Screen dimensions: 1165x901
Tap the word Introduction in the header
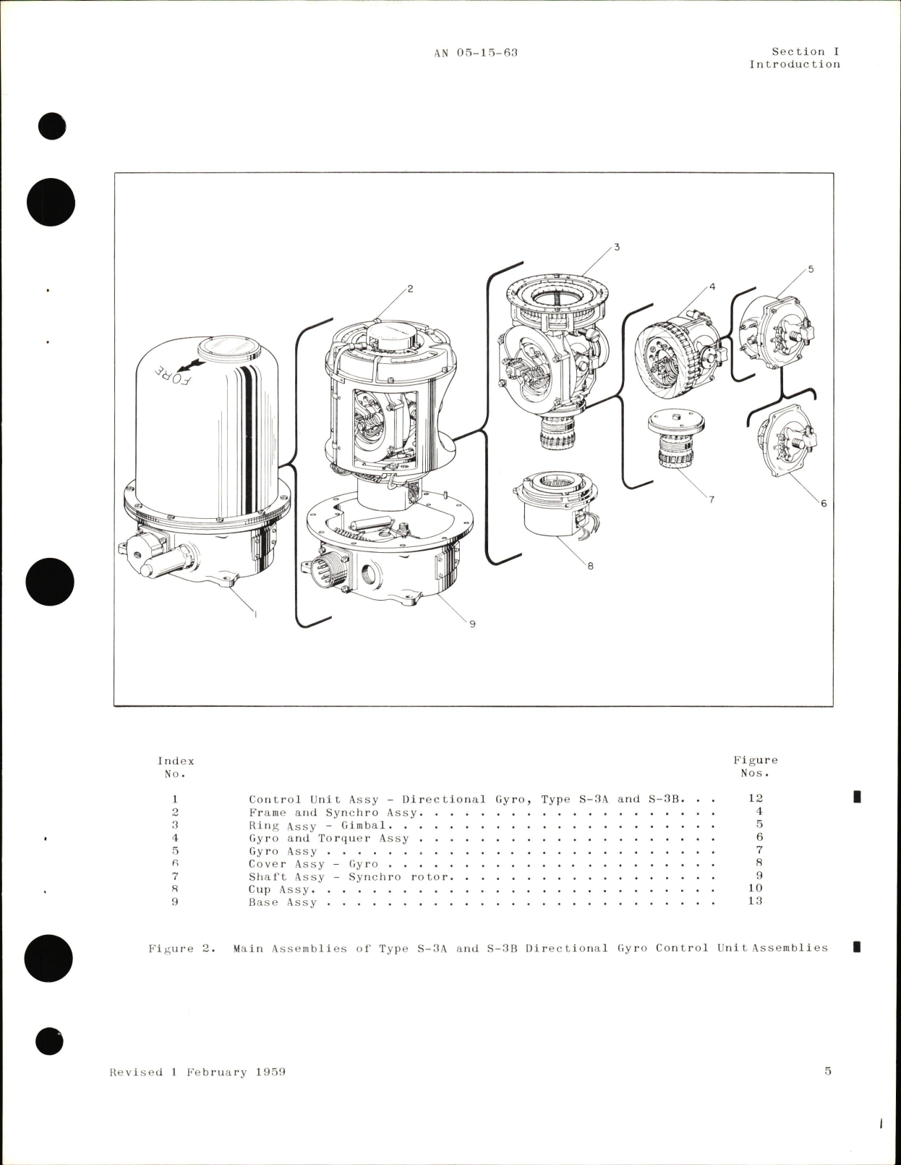coord(794,64)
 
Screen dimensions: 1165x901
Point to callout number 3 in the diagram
coord(616,247)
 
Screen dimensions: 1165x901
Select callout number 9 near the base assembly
coord(472,624)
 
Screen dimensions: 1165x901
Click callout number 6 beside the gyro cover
coord(823,504)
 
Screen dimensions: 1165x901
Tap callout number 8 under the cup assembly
coord(590,566)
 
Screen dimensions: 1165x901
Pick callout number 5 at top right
coord(811,269)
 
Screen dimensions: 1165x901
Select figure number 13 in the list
coord(755,901)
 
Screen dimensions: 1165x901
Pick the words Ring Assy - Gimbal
coord(320,826)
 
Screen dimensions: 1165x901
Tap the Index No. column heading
coord(176,767)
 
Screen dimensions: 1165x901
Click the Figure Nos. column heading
coord(756,766)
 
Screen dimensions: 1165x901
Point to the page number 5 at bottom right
coord(828,1071)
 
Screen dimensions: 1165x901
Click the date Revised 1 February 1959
coord(197,1072)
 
